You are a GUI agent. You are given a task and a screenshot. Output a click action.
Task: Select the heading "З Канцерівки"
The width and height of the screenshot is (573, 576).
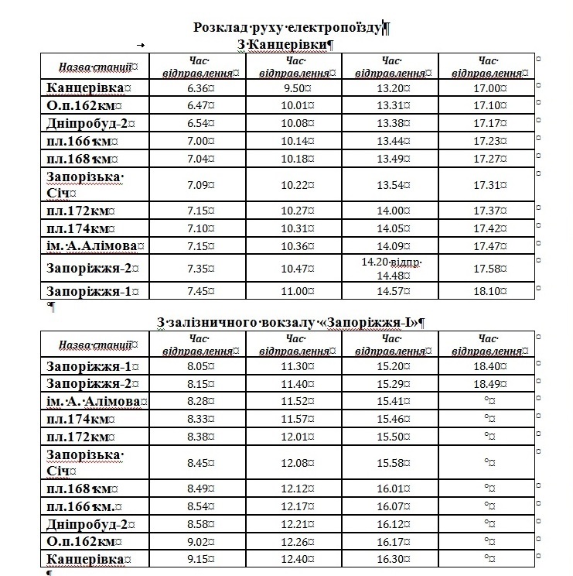click(x=284, y=45)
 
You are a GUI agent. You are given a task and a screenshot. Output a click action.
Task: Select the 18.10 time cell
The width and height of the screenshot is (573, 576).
click(x=486, y=291)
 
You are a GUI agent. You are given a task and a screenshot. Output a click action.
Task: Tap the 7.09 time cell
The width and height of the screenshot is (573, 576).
click(x=200, y=185)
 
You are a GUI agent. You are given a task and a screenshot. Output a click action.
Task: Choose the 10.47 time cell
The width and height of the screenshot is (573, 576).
click(x=295, y=268)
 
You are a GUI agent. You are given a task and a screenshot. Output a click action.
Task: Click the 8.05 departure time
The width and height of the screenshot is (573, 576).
click(x=200, y=366)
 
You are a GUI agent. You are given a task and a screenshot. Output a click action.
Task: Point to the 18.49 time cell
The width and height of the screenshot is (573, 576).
click(x=486, y=383)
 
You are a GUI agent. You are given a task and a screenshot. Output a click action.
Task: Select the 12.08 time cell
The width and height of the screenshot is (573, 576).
click(x=295, y=463)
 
